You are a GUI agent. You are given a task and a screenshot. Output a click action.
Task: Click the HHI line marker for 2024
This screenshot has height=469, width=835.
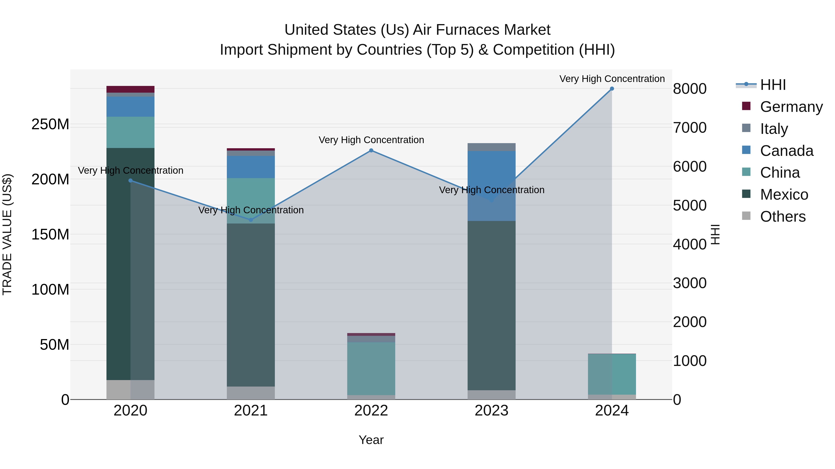pyautogui.click(x=612, y=89)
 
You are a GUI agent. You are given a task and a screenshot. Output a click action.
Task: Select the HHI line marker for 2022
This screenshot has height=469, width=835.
pyautogui.click(x=371, y=151)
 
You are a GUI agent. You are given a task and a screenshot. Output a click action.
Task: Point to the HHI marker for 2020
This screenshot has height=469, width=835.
pyautogui.click(x=130, y=181)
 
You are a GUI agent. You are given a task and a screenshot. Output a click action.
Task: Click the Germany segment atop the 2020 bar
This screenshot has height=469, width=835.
pyautogui.click(x=130, y=89)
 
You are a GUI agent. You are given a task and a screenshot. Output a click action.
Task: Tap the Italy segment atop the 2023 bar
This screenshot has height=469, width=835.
pyautogui.click(x=491, y=147)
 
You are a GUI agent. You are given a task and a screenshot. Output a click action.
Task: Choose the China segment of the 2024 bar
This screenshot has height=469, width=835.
pyautogui.click(x=612, y=374)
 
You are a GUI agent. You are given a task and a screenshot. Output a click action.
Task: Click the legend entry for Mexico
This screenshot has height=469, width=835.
pyautogui.click(x=784, y=195)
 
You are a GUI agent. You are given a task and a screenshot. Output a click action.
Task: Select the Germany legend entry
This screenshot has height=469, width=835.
pyautogui.click(x=791, y=107)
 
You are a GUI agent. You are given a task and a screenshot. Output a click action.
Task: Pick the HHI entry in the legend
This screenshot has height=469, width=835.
pyautogui.click(x=773, y=85)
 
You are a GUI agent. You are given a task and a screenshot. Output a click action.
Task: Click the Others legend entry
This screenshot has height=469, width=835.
pyautogui.click(x=783, y=217)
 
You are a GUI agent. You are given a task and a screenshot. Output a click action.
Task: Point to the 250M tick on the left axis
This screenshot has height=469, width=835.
pyautogui.click(x=50, y=124)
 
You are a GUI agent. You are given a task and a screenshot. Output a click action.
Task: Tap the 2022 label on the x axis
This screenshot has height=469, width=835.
pyautogui.click(x=371, y=411)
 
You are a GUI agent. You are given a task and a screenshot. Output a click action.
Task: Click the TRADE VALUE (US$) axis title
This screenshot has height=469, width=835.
pyautogui.click(x=7, y=234)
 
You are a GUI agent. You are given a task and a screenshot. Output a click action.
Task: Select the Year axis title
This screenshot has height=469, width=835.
pyautogui.click(x=371, y=440)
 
